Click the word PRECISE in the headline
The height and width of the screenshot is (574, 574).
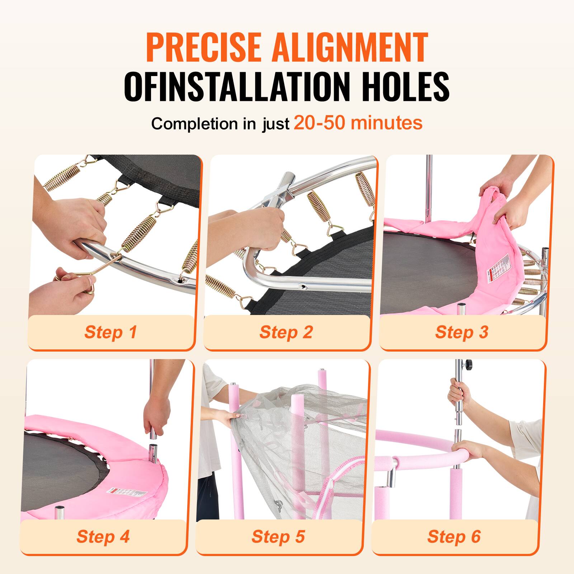pos(203,47)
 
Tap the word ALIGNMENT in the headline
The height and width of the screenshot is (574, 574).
pos(350,47)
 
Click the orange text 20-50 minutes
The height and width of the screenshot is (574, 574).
pos(358,123)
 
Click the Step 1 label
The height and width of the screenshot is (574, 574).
pos(110,332)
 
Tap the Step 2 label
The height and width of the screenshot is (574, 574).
pos(286,332)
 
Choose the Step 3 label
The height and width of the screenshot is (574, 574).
pos(462,332)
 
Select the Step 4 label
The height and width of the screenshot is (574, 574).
pos(103,536)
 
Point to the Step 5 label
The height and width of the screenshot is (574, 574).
pos(278,536)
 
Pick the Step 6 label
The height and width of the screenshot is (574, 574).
pos(454,536)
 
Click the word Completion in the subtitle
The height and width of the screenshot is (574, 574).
pos(194,124)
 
